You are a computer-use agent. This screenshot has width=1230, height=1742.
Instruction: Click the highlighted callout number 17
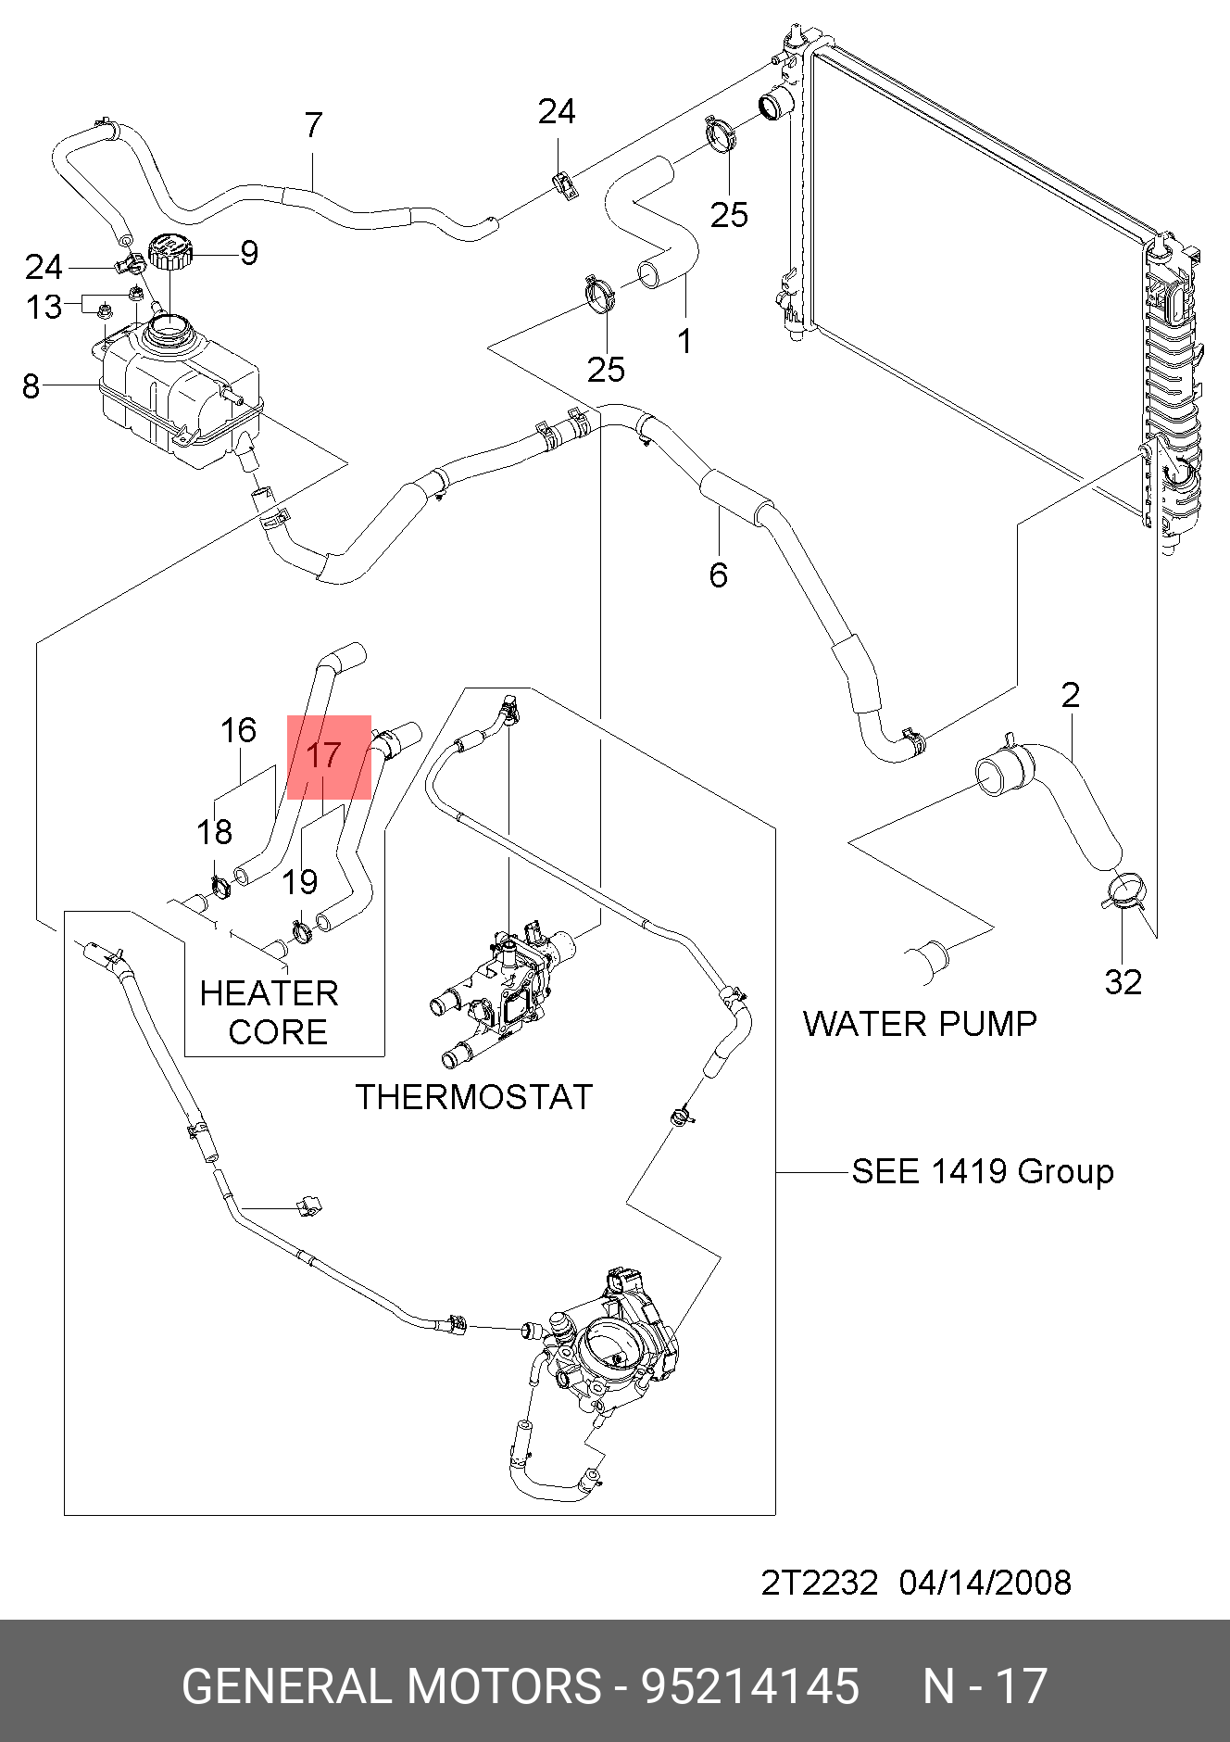click(324, 755)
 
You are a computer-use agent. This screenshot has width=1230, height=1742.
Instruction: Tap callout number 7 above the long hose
click(313, 125)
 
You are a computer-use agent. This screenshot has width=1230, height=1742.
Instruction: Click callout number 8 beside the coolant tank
click(31, 385)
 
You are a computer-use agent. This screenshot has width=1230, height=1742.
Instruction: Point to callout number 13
click(44, 307)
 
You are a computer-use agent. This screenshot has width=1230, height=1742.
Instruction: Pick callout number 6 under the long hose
click(719, 575)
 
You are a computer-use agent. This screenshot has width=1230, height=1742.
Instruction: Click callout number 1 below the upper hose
click(684, 342)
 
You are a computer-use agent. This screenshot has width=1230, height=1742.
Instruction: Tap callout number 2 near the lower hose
click(1071, 695)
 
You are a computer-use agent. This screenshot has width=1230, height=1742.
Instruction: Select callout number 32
click(1123, 982)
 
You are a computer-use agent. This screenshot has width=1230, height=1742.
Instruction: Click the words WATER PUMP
click(920, 1024)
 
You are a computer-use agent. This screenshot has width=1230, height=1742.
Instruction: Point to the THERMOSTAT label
click(474, 1097)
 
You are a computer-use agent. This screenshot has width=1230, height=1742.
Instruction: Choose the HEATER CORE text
click(270, 1013)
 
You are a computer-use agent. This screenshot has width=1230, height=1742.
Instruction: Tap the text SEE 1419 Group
click(983, 1171)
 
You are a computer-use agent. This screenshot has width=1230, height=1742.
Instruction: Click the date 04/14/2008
click(985, 1583)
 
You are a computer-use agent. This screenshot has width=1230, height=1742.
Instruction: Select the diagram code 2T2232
click(819, 1583)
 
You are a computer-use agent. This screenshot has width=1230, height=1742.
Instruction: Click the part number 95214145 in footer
click(750, 1685)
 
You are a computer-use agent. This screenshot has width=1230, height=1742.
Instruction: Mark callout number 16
click(238, 730)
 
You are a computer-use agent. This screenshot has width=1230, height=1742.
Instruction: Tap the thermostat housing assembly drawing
click(505, 996)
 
